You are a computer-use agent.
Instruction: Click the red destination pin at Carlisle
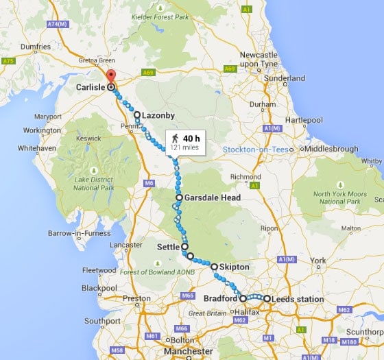point(112,76)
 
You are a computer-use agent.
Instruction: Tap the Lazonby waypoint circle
point(137,115)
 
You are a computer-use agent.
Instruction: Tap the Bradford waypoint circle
point(243,298)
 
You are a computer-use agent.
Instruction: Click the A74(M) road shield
point(61,24)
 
